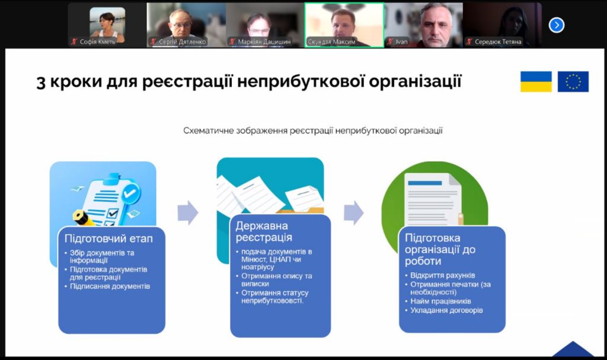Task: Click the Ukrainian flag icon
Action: (x=536, y=81)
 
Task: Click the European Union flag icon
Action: (x=573, y=81)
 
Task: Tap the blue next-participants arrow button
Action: (x=556, y=25)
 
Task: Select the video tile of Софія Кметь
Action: (x=107, y=25)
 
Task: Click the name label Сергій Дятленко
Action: (x=183, y=42)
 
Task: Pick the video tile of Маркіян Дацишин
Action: (x=265, y=25)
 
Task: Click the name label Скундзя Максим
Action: (x=331, y=42)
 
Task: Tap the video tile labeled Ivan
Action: (x=423, y=25)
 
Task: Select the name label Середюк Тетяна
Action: (x=498, y=42)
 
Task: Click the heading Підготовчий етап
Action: (x=108, y=238)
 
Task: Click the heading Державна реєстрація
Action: (x=264, y=231)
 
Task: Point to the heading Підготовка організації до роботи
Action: (x=440, y=249)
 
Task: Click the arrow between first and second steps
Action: (x=188, y=212)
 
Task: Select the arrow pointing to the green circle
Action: (x=354, y=212)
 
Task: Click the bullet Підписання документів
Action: (x=110, y=286)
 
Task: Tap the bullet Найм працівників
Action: (x=440, y=301)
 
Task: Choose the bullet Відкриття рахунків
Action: (x=442, y=275)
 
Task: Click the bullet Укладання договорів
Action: (x=446, y=310)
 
